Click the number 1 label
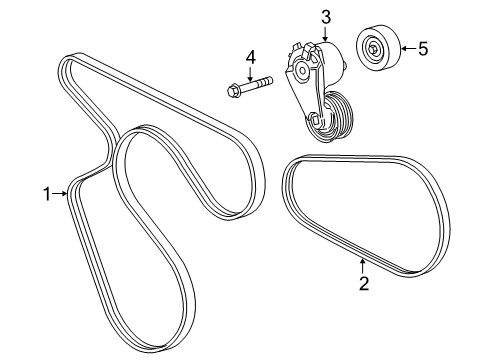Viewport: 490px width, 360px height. point(46,195)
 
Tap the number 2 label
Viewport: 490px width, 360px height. point(365,283)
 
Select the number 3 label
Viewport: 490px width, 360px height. point(326,16)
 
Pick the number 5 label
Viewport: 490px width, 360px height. point(422,48)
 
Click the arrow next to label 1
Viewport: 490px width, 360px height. point(62,195)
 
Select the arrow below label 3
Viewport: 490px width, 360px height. point(326,33)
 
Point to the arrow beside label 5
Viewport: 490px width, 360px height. point(405,48)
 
